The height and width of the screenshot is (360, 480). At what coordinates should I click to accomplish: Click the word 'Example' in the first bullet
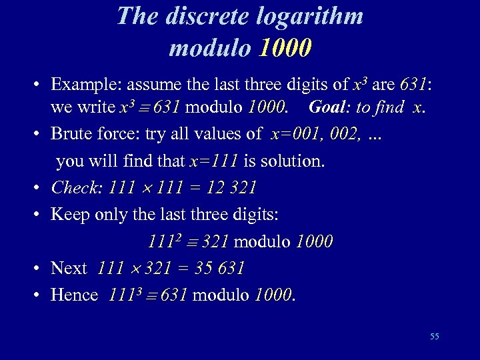85,85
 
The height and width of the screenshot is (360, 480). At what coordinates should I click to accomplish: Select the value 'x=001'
293,133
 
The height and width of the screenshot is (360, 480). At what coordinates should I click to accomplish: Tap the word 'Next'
69,268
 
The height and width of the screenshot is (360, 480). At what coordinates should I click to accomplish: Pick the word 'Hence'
75,295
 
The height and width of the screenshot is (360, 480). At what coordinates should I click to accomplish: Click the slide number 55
434,337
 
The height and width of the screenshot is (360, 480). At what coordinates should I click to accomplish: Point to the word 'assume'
156,85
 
